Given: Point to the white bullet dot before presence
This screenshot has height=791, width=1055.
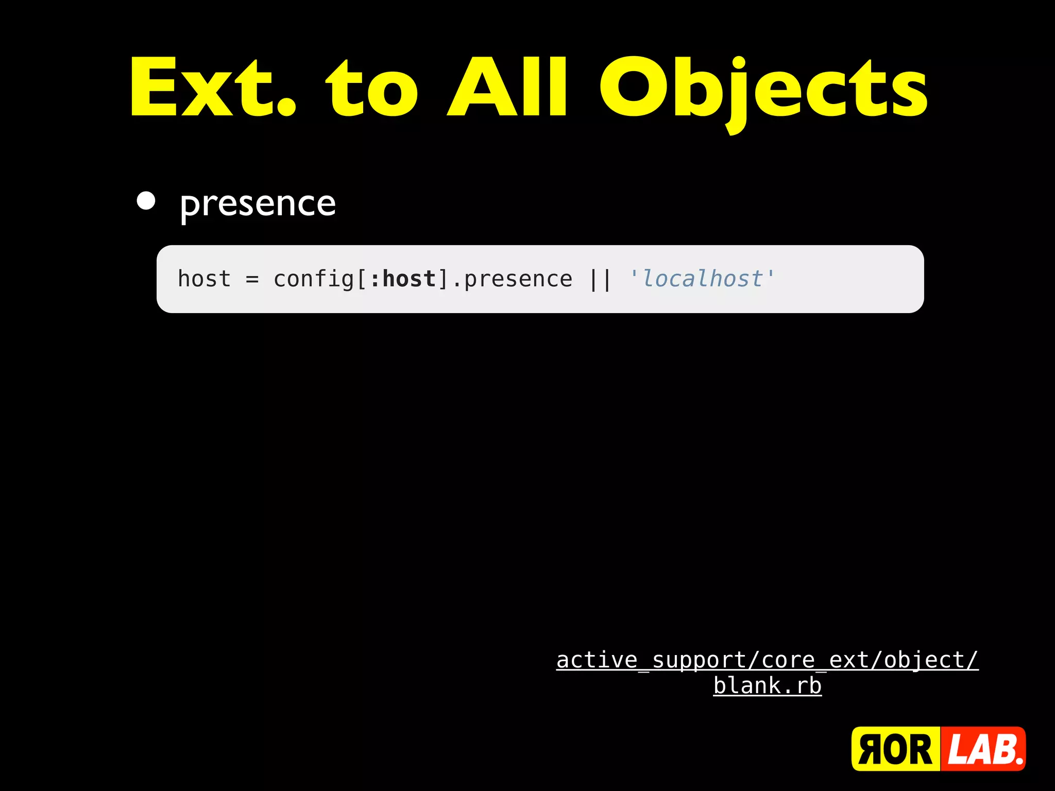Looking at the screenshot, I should [x=146, y=201].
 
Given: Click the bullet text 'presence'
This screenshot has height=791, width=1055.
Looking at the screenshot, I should [x=258, y=204].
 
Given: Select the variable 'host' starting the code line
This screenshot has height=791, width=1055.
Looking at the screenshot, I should [x=204, y=279].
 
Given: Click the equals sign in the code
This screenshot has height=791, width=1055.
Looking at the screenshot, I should [x=252, y=280].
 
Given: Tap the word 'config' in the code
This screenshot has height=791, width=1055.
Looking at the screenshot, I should [x=314, y=280].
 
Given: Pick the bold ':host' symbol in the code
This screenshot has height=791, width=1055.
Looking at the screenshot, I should [x=403, y=279].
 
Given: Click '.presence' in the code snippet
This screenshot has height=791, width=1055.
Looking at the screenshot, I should [x=512, y=280].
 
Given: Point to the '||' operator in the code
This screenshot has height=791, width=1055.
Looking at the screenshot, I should [x=600, y=280].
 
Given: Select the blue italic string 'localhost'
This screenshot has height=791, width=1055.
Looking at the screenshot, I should [x=702, y=279].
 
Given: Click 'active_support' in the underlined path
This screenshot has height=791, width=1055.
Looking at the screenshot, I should [x=652, y=661].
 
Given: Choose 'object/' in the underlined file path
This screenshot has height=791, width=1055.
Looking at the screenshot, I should [x=930, y=661].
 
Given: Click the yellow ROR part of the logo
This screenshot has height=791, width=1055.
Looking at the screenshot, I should [x=895, y=749].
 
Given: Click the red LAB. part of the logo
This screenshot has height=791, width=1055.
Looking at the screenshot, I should [x=983, y=749].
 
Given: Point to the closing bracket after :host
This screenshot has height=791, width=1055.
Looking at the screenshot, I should [x=443, y=280].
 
